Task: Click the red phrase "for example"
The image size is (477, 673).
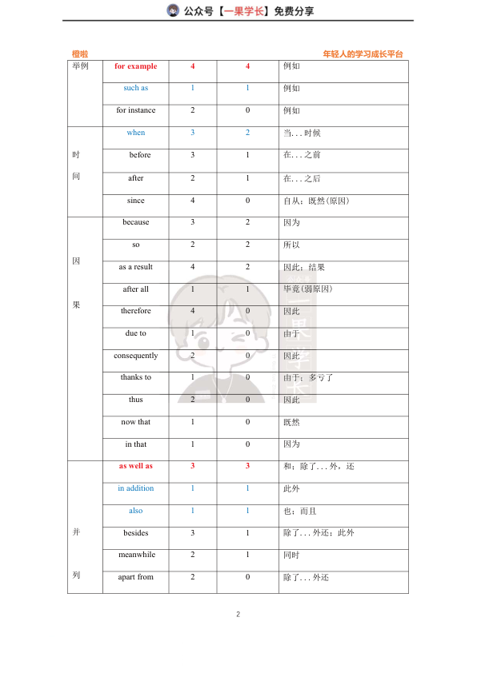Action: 136,66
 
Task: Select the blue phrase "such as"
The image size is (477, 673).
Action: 136,88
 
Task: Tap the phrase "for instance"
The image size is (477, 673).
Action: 136,110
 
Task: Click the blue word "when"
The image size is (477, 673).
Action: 136,133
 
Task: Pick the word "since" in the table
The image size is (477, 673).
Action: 136,201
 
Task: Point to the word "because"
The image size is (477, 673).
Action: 136,222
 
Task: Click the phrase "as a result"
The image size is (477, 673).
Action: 136,267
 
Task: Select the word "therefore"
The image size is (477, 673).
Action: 136,311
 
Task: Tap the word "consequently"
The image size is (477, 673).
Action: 136,356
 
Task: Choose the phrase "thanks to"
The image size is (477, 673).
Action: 136,377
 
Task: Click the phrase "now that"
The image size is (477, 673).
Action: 136,422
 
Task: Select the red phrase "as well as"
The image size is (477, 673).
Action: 136,466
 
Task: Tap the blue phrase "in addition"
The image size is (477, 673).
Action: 136,488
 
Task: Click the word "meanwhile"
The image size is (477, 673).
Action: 136,555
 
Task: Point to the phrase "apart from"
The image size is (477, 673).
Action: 136,577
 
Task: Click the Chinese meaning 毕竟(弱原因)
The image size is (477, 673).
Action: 308,289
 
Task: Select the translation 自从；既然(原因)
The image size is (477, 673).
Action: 316,201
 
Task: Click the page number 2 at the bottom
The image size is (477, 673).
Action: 238,615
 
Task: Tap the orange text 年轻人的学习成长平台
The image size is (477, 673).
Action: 363,54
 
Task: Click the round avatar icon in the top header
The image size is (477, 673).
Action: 173,10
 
